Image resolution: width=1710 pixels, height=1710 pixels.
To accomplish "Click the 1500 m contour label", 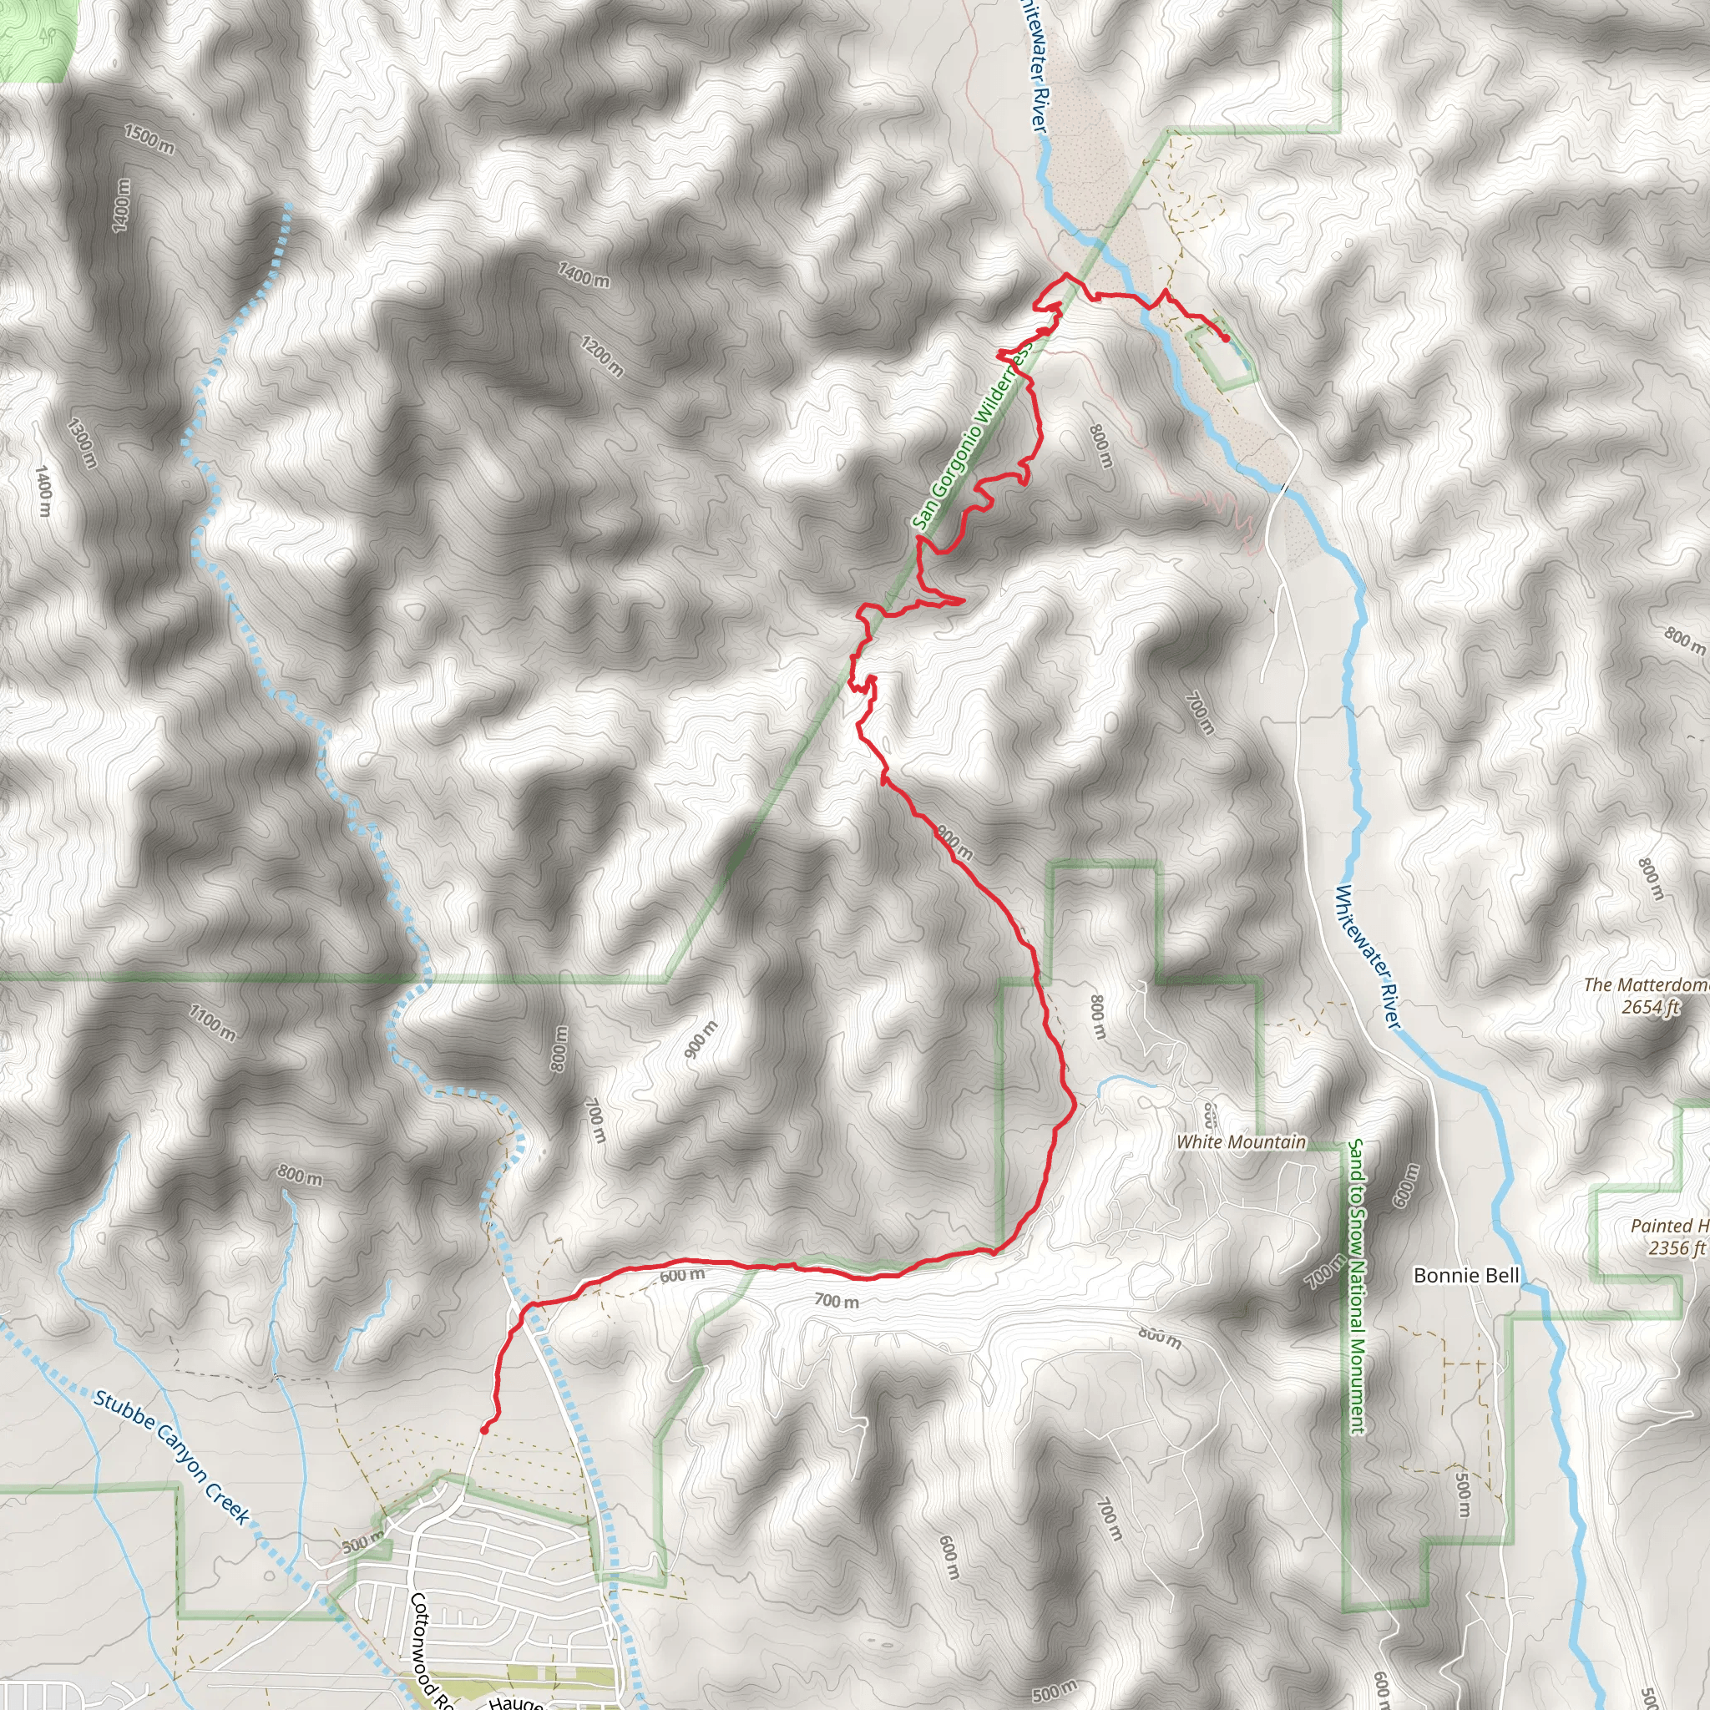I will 149,139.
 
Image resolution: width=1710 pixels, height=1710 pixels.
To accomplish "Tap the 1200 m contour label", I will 602,356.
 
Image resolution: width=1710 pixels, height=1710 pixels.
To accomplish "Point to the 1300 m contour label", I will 82,443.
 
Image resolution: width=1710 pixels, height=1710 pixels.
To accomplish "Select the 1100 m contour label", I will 212,1022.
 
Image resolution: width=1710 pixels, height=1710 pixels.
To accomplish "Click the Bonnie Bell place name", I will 1465,1276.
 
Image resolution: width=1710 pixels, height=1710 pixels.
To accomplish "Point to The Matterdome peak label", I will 1645,985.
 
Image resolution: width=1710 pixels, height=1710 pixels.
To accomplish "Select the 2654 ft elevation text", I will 1650,1007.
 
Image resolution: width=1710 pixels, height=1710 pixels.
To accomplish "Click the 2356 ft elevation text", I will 1676,1248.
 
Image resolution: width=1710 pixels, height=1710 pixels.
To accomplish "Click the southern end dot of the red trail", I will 484,1429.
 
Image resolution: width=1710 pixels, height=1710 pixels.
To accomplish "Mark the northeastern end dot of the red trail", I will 1226,338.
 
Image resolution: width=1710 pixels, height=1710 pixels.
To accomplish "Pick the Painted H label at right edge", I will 1669,1226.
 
